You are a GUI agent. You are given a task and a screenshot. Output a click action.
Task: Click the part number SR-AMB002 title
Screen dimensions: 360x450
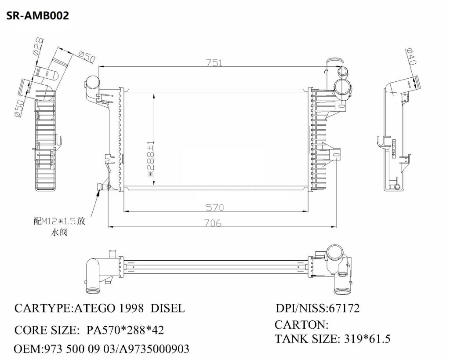(x=37, y=16)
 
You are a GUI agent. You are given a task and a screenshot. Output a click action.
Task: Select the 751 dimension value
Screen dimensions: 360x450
(x=214, y=63)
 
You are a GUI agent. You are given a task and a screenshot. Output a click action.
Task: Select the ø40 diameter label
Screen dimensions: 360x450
(x=412, y=57)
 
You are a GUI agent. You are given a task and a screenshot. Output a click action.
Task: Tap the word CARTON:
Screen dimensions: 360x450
(x=301, y=325)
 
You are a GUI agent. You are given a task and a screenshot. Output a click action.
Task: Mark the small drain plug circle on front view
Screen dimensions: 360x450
(x=109, y=188)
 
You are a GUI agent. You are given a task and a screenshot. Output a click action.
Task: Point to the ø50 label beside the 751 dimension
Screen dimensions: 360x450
(x=87, y=55)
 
